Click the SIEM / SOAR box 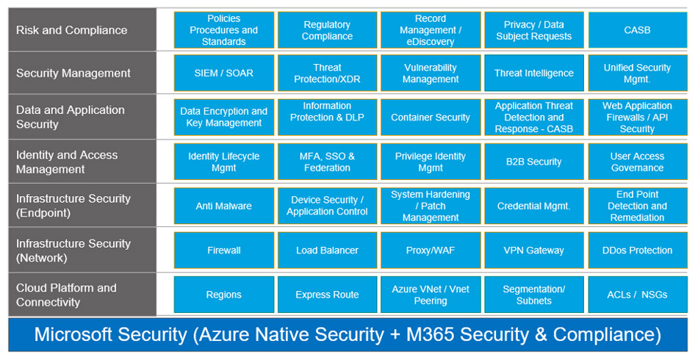pyautogui.click(x=224, y=73)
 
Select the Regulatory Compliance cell pyautogui.click(x=327, y=30)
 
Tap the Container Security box pyautogui.click(x=431, y=118)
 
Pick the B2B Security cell pyautogui.click(x=534, y=162)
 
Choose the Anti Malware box pyautogui.click(x=224, y=206)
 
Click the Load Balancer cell pyautogui.click(x=327, y=251)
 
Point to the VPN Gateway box pyautogui.click(x=534, y=251)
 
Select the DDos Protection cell pyautogui.click(x=637, y=251)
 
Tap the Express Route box pyautogui.click(x=327, y=295)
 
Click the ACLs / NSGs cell pyautogui.click(x=637, y=295)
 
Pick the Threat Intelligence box pyautogui.click(x=534, y=73)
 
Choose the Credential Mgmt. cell pyautogui.click(x=534, y=206)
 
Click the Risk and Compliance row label pyautogui.click(x=72, y=30)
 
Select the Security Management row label pyautogui.click(x=73, y=73)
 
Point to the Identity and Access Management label pyautogui.click(x=67, y=162)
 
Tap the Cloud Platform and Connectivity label pyautogui.click(x=66, y=295)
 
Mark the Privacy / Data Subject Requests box pyautogui.click(x=534, y=30)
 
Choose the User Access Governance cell pyautogui.click(x=637, y=162)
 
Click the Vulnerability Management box pyautogui.click(x=431, y=73)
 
